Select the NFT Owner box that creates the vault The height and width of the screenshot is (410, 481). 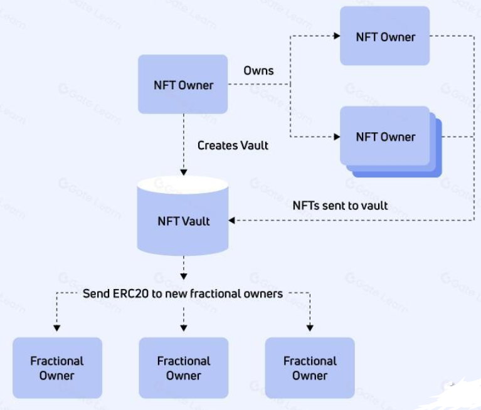[x=182, y=85]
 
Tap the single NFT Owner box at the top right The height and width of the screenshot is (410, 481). [x=385, y=36]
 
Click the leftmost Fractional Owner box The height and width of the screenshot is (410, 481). [x=57, y=368]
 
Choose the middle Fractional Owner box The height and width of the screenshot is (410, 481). [x=183, y=368]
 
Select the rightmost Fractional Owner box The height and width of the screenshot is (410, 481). [x=310, y=368]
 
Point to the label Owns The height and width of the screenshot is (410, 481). [x=258, y=70]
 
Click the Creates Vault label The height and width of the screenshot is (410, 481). [x=233, y=145]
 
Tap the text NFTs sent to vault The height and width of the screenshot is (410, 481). [x=340, y=205]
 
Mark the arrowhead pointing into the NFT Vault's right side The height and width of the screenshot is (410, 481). [x=232, y=220]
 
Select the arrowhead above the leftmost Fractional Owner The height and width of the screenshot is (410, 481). [x=57, y=328]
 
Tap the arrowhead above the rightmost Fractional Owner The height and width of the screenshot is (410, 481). [x=310, y=328]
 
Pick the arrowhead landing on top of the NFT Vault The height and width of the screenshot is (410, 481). [x=183, y=172]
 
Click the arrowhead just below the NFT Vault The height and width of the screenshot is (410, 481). [x=183, y=275]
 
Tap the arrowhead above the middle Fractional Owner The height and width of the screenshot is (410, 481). [x=183, y=328]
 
